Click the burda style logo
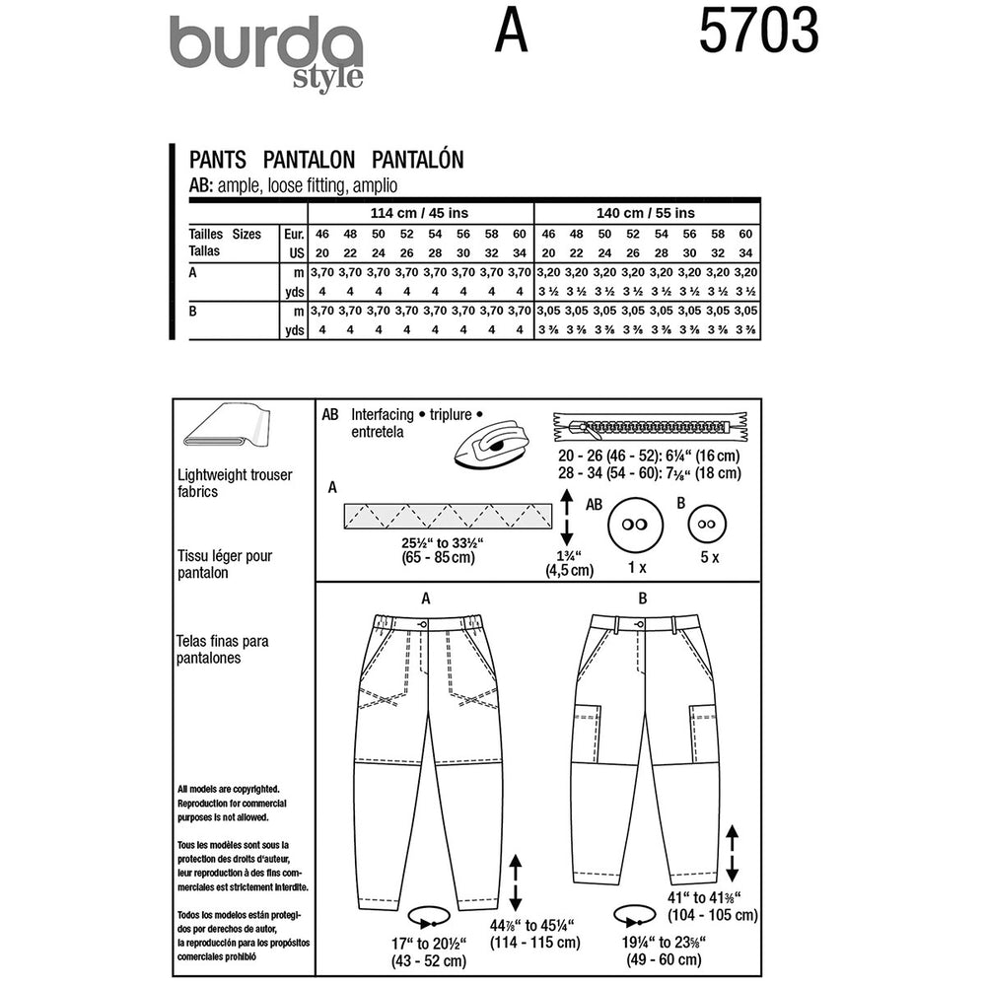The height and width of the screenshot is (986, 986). [266, 51]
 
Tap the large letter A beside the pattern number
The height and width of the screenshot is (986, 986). [512, 35]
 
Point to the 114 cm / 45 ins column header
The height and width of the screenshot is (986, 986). [421, 213]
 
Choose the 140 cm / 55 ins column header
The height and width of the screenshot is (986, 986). [646, 213]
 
